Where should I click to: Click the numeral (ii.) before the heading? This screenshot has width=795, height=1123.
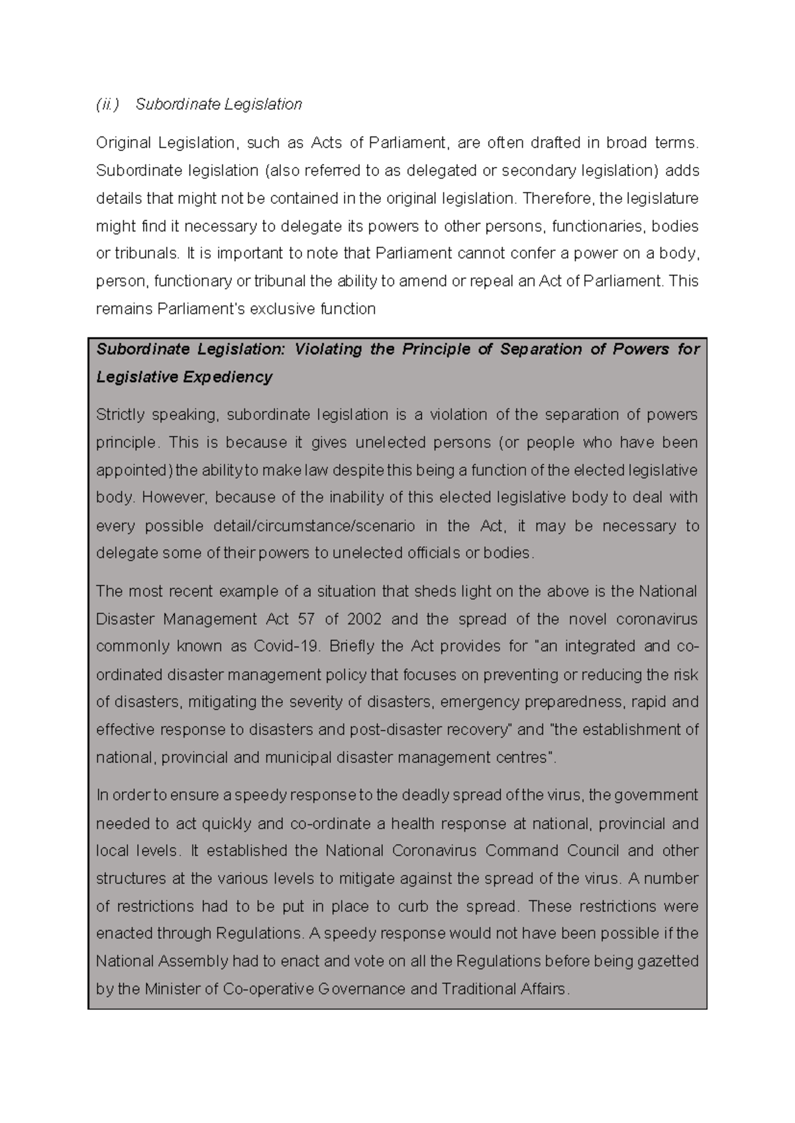click(107, 105)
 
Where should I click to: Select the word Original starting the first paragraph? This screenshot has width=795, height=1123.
click(119, 143)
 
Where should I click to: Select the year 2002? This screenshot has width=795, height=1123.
click(364, 620)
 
